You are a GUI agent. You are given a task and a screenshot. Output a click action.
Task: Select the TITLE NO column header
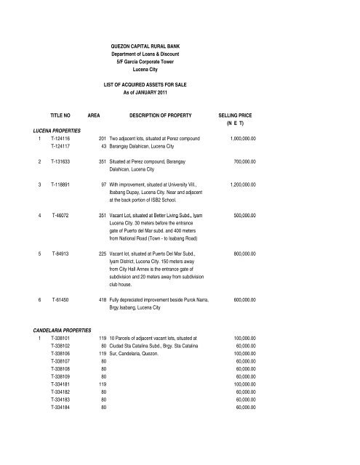pyautogui.click(x=61, y=115)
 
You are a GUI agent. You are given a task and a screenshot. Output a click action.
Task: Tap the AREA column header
pyautogui.click(x=93, y=115)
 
